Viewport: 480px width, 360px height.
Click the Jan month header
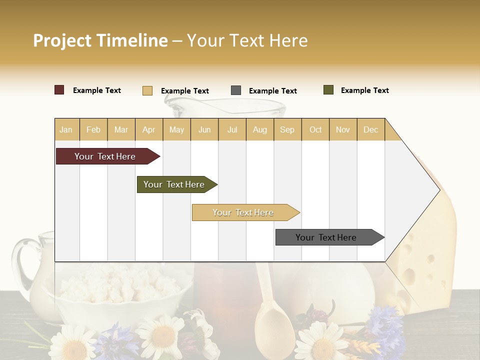pos(66,129)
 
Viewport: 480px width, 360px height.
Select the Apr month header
pos(149,129)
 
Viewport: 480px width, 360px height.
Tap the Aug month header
pos(259,129)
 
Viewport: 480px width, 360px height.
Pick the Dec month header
pos(370,129)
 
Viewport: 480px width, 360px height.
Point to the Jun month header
pos(204,129)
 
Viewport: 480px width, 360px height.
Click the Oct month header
pos(315,129)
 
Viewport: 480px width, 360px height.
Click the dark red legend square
pos(59,90)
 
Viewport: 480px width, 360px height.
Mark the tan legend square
pos(147,90)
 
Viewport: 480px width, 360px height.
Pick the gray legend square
pos(236,90)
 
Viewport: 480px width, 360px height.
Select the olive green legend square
pos(328,90)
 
